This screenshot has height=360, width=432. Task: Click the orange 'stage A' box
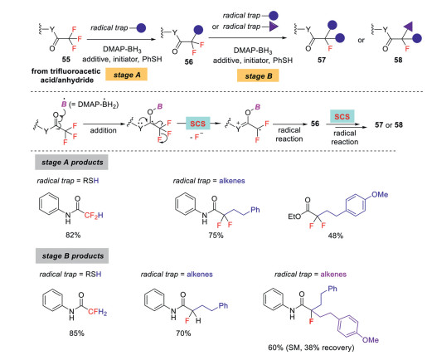(126, 75)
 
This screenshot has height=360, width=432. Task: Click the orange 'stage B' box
(258, 75)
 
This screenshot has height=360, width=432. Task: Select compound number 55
(66, 60)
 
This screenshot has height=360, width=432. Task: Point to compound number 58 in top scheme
(398, 60)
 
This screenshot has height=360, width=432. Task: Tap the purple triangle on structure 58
(408, 27)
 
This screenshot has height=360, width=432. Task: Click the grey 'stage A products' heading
(71, 163)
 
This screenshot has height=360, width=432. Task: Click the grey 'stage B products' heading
(72, 255)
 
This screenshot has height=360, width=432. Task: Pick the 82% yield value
(73, 235)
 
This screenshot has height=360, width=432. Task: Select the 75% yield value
(216, 236)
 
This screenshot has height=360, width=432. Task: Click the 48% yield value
(336, 236)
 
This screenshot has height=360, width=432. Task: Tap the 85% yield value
(76, 333)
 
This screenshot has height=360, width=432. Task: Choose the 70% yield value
(183, 333)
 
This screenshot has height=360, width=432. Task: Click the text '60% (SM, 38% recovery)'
(311, 348)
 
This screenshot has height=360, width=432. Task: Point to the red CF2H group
(94, 216)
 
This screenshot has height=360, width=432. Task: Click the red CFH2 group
(98, 312)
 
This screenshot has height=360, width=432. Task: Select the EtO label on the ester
(294, 216)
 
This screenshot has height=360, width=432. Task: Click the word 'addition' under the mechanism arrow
(103, 130)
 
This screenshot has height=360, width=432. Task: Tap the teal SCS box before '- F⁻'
(197, 124)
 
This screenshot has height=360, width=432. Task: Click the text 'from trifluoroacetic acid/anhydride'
(66, 75)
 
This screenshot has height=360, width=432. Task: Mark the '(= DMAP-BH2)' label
(94, 105)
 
